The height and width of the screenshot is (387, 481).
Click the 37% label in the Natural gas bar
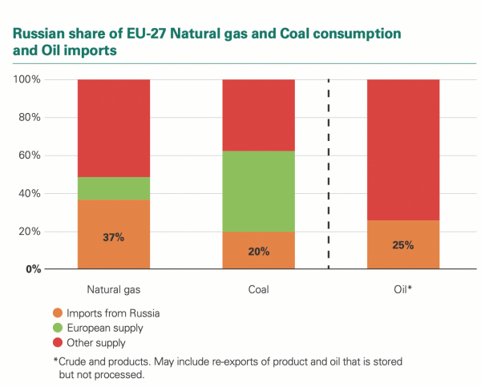tap(113, 238)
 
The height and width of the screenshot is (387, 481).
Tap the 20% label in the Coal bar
tap(258, 252)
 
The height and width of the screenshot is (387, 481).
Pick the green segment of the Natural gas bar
tap(113, 188)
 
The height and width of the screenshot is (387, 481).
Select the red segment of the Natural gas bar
tap(113, 128)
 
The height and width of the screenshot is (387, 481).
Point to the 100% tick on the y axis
tap(28, 80)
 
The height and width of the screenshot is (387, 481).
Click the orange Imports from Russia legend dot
tap(57, 313)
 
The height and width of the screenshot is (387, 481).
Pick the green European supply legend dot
tap(57, 329)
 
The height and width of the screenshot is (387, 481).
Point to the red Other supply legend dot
tap(57, 344)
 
